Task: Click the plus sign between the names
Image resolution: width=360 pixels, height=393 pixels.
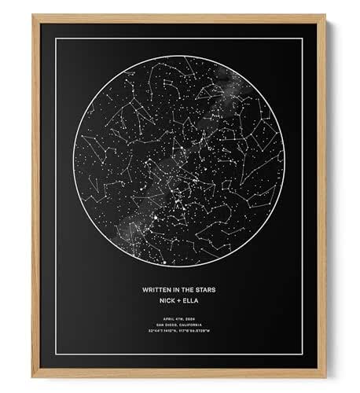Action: tap(179, 300)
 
